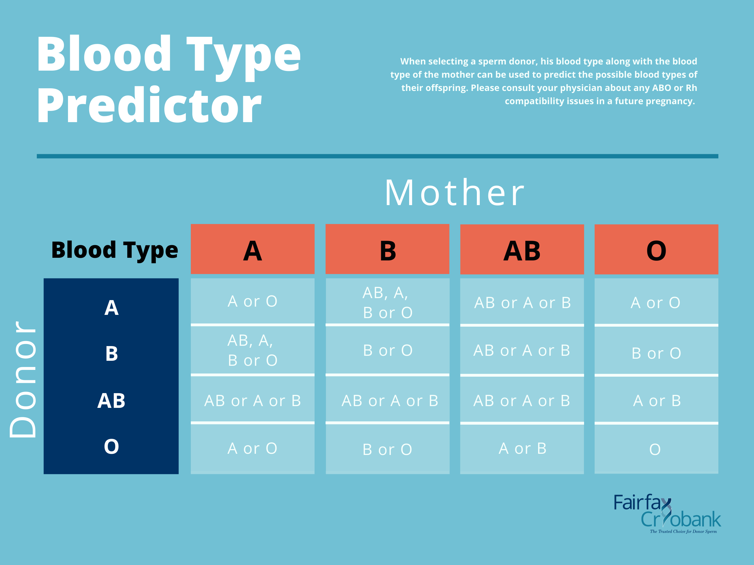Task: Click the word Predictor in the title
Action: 149,106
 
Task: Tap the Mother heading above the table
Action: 454,193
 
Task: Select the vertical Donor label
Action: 23,379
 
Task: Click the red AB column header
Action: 522,250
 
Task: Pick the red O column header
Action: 656,250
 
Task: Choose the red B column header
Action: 387,250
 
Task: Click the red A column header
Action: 253,250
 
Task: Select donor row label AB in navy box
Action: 111,401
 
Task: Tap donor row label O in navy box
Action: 111,446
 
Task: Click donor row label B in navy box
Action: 111,353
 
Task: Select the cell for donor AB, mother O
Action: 656,401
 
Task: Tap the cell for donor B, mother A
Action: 253,350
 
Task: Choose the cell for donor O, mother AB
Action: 522,448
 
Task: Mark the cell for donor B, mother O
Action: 656,353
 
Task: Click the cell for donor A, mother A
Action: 253,301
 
